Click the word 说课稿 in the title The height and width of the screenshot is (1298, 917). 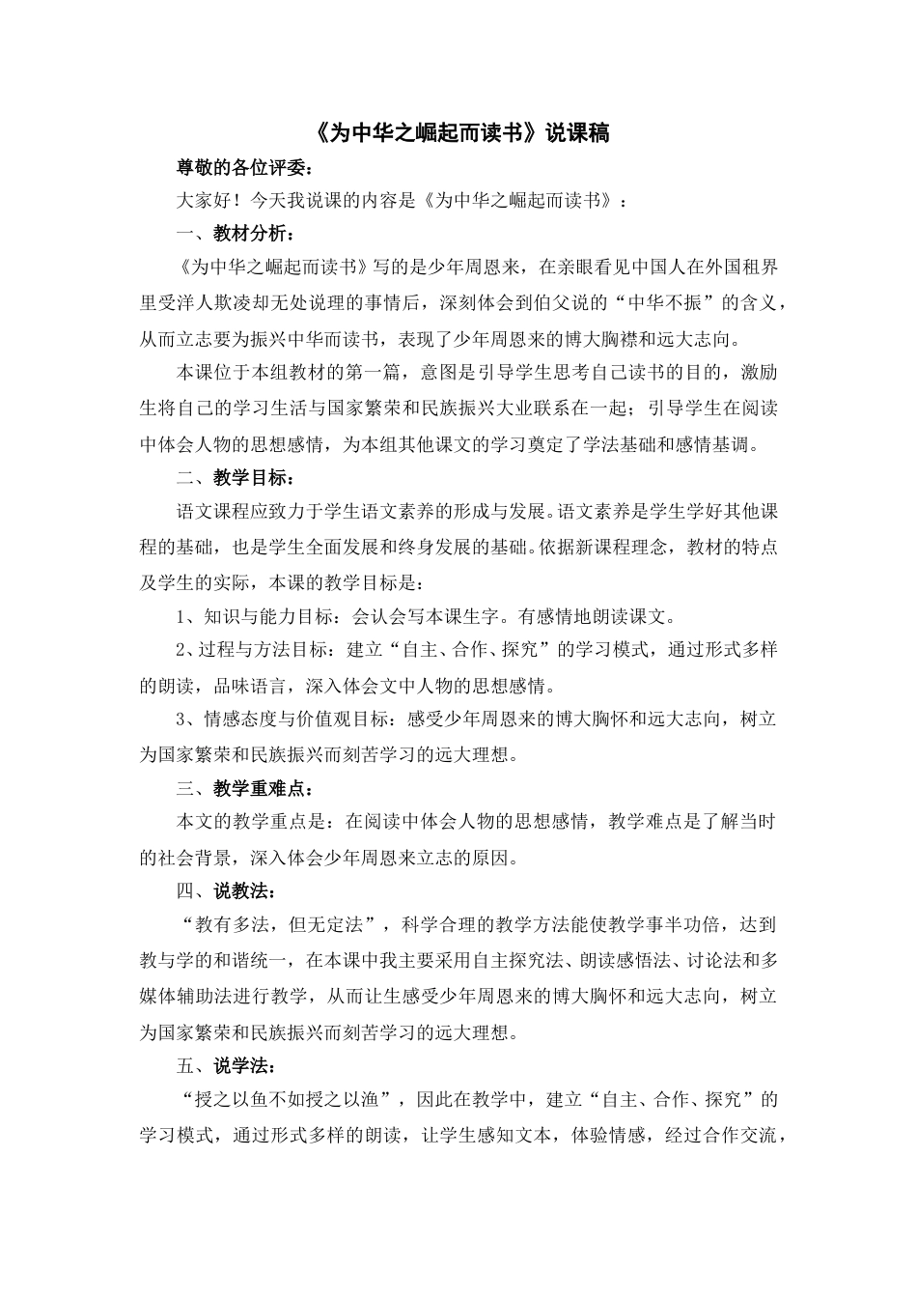pos(577,133)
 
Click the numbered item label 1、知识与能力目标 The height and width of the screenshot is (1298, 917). pos(256,615)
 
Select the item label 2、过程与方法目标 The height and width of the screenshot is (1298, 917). pos(256,649)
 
